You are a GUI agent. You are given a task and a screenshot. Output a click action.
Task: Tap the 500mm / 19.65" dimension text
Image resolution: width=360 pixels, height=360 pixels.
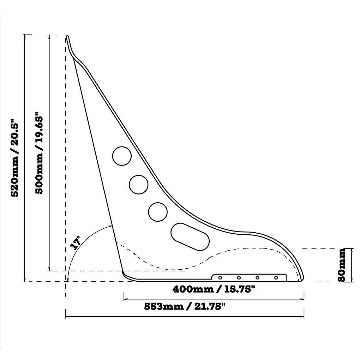tap(39, 153)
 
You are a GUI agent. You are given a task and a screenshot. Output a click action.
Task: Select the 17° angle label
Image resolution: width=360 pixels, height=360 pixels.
tap(76, 242)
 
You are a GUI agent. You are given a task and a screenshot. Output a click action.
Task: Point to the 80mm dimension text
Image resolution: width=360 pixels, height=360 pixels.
tap(341, 265)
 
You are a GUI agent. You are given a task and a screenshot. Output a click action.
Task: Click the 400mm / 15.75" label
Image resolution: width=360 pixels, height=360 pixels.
tap(214, 289)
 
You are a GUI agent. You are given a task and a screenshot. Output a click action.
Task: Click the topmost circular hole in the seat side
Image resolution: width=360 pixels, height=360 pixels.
tap(122, 156)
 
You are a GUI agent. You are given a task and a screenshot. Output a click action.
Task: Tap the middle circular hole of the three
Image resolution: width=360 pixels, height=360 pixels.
tap(139, 185)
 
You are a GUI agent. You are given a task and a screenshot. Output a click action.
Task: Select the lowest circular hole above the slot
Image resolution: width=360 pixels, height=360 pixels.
tap(158, 212)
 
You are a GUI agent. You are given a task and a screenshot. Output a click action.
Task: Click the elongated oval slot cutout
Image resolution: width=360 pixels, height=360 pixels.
tap(190, 237)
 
